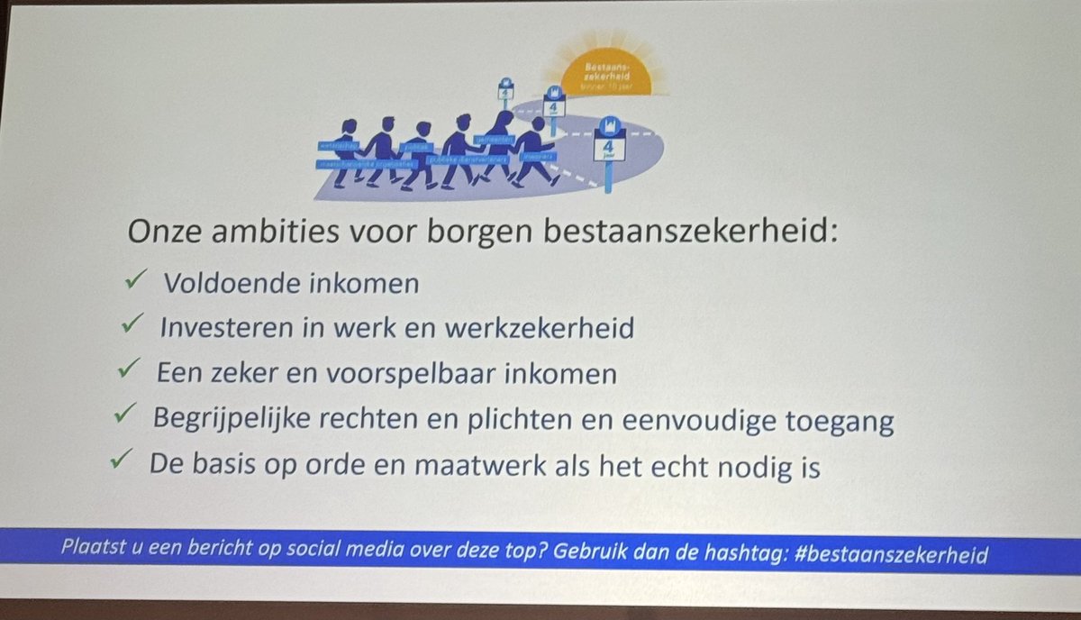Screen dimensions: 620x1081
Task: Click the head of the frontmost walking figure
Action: [x=538, y=123]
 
